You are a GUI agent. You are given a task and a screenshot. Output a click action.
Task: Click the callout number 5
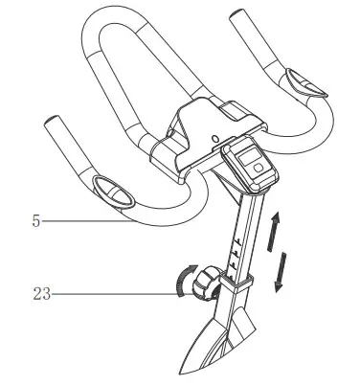[x=36, y=220]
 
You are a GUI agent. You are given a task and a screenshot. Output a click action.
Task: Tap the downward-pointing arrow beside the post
[x=279, y=270]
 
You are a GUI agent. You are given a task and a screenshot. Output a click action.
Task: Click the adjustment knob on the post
[x=206, y=285]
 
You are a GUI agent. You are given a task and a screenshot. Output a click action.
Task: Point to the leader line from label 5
[x=86, y=220]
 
